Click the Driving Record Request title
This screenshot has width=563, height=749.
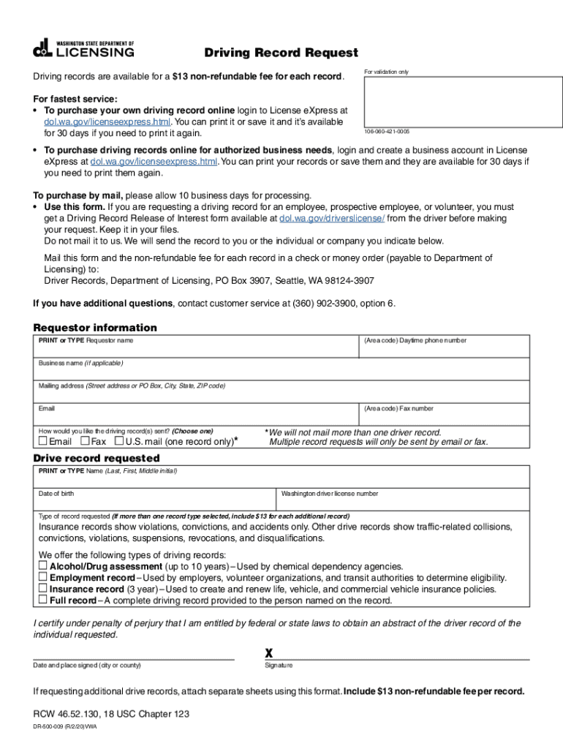coord(281,53)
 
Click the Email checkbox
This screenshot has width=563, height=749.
coord(43,442)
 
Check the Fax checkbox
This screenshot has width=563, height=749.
coord(85,442)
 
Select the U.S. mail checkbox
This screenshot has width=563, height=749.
coord(119,442)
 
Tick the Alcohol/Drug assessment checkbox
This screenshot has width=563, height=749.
coord(43,566)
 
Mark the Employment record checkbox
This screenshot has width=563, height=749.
coord(43,577)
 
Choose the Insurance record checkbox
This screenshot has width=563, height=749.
coord(43,589)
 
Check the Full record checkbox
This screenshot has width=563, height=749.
coord(43,600)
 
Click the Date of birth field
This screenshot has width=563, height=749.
coord(155,502)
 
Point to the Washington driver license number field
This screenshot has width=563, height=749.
coord(403,502)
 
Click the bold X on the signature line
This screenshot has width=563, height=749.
coord(268,652)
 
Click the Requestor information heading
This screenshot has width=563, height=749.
coord(95,328)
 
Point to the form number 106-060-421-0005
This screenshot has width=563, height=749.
coord(387,132)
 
